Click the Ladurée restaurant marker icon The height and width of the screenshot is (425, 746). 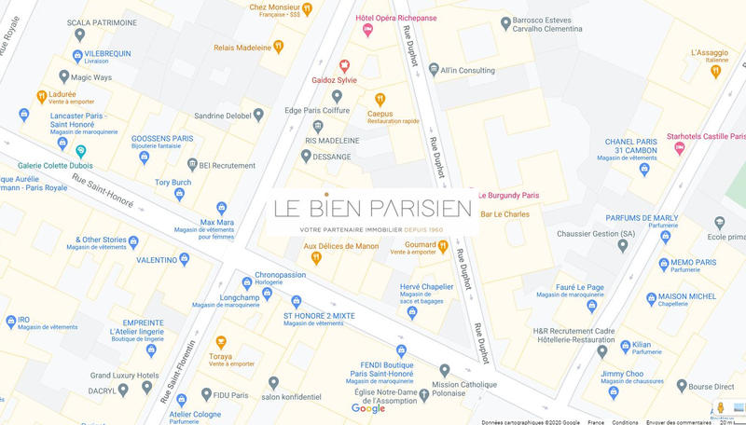[x=42, y=96]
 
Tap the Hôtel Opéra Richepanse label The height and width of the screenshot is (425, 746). [x=409, y=19]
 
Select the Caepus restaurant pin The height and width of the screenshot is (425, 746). [x=380, y=99]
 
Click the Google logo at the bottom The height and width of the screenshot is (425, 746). [x=368, y=408]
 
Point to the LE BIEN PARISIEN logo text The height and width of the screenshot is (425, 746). [x=372, y=208]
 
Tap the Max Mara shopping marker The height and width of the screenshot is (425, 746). [x=221, y=209]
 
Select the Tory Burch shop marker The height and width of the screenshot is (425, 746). [x=179, y=194]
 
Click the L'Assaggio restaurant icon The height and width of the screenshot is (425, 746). [x=715, y=71]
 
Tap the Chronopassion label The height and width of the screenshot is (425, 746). [x=280, y=275]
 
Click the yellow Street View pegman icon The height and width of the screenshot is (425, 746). [x=721, y=407]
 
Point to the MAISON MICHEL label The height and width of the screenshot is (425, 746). [x=689, y=296]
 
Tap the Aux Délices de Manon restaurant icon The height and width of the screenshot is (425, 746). [x=316, y=258]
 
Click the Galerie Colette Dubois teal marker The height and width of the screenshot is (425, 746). [x=81, y=151]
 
